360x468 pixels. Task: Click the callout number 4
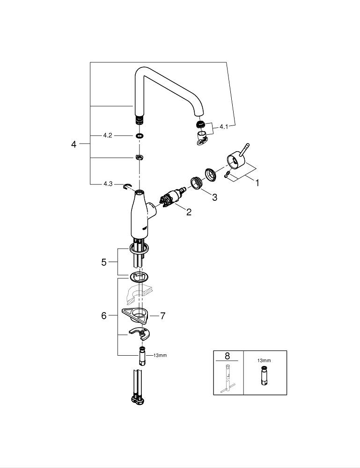[73, 144]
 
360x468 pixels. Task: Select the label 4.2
[108, 136]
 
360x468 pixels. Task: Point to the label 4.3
[108, 184]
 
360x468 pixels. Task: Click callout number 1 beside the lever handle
[257, 183]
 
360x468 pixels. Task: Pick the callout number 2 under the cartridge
[189, 212]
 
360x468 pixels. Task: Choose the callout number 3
[214, 197]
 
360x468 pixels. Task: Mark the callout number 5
[104, 262]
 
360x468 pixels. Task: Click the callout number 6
[104, 316]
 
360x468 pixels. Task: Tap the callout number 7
[162, 316]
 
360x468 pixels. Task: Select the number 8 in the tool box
[228, 357]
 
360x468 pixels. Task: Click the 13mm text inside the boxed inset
[264, 361]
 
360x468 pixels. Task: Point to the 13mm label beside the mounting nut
[159, 355]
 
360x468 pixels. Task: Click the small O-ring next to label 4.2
[139, 136]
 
